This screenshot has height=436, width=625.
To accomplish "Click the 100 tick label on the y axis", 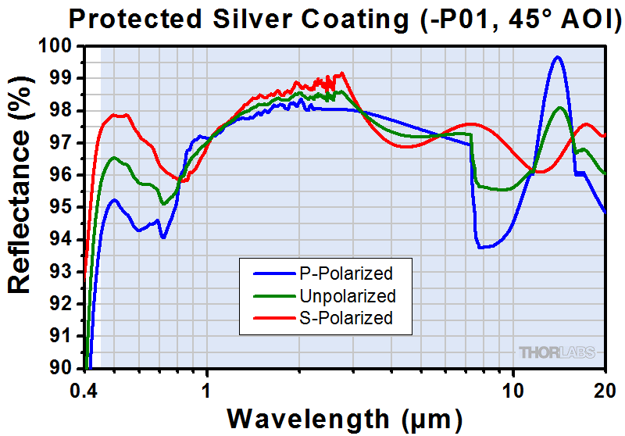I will tap(54, 46).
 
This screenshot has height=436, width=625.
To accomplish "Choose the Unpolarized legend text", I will tap(347, 296).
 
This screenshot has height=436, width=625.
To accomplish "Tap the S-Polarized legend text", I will tap(345, 318).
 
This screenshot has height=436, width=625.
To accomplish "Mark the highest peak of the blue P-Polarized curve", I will tap(557, 57).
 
